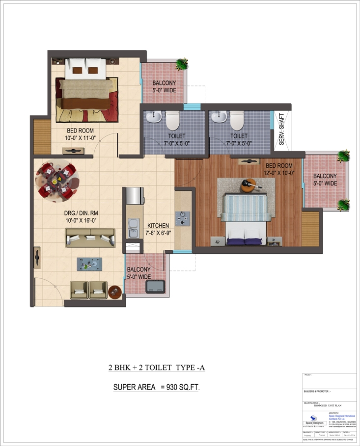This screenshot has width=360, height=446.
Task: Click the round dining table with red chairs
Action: click(56, 179)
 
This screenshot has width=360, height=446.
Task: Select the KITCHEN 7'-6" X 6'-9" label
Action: click(158, 229)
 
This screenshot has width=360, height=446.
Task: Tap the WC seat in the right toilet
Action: click(237, 120)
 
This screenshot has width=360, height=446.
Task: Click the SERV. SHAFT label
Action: click(281, 128)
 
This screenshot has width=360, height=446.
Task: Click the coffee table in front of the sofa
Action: click(89, 264)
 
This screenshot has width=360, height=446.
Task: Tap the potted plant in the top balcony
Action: click(182, 64)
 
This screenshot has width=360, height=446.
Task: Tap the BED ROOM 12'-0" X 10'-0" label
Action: click(279, 169)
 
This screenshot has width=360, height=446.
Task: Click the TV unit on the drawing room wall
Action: click(38, 255)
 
